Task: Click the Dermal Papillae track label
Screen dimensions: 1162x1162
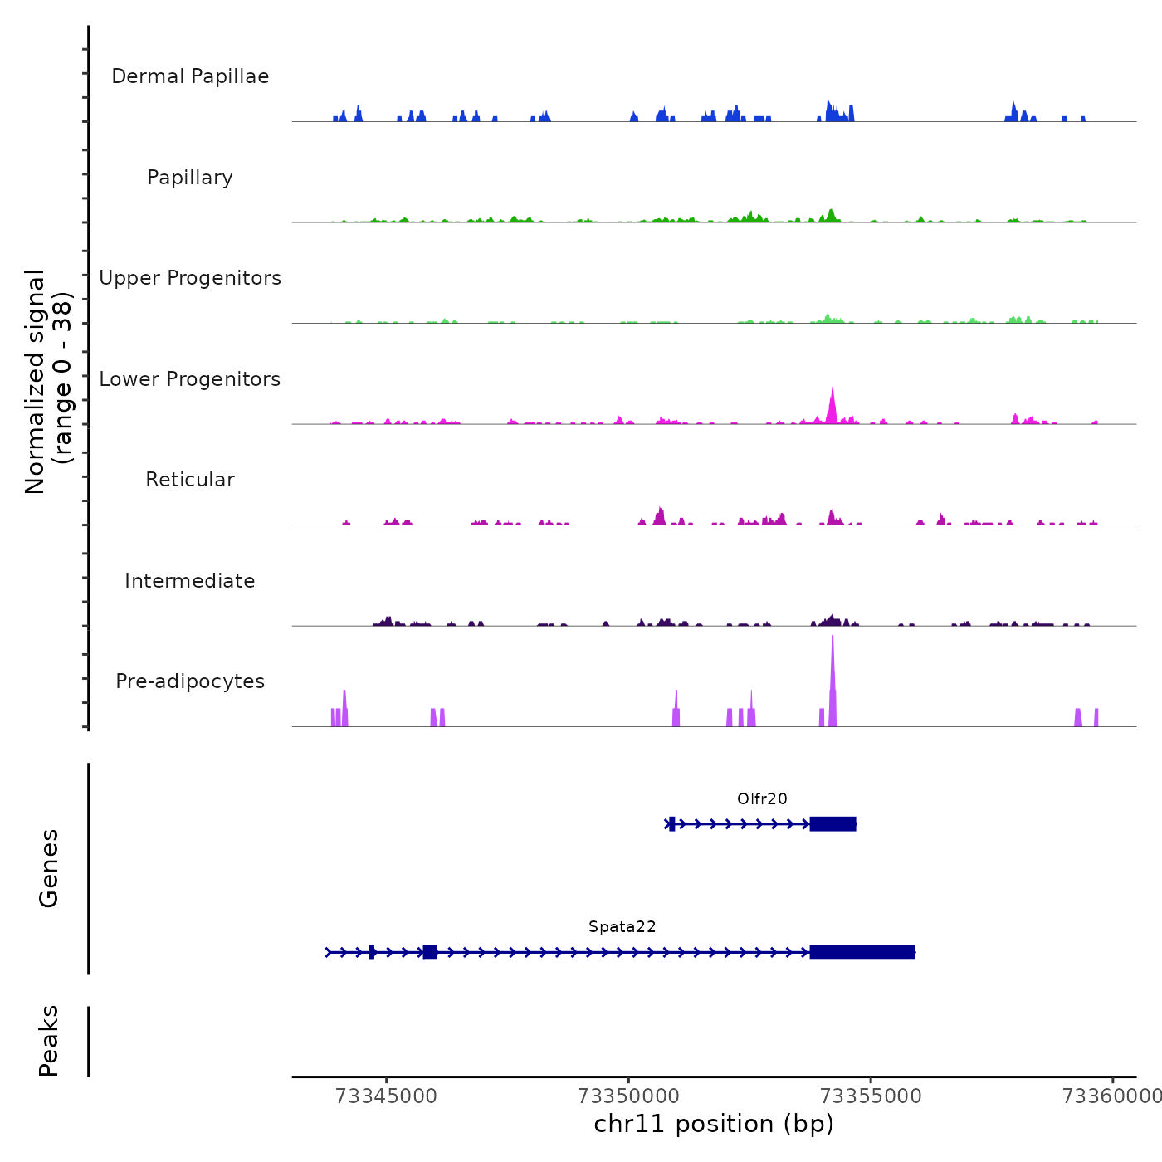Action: point(190,76)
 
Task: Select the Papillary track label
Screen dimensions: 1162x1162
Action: point(190,178)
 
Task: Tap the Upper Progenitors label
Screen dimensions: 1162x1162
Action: point(190,278)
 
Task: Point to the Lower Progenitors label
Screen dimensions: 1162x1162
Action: point(190,379)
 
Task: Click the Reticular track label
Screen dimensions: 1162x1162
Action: point(190,480)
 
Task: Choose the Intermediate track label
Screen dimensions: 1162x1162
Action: point(190,581)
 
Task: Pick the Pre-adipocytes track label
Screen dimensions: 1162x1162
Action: point(190,681)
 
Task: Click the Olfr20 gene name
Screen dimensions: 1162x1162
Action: point(762,799)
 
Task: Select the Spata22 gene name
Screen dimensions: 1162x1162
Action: point(622,927)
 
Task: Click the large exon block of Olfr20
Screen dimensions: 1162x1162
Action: point(832,824)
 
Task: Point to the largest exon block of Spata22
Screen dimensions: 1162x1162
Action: point(862,952)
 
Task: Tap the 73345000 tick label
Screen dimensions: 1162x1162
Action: point(386,1096)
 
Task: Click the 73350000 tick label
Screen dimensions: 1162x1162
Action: point(628,1096)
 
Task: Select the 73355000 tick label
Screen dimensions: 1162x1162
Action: point(871,1096)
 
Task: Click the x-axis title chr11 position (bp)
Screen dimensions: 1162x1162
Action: point(714,1124)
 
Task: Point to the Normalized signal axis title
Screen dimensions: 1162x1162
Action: point(48,381)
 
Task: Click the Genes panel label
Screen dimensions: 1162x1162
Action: point(49,868)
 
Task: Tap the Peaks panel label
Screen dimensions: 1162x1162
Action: point(49,1041)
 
